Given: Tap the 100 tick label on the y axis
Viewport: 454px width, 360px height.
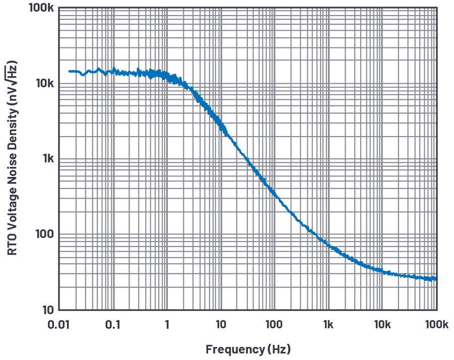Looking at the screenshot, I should (x=44, y=234).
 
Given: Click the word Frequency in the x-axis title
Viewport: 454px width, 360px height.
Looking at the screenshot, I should (x=234, y=349).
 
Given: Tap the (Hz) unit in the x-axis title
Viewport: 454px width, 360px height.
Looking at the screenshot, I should (x=279, y=349).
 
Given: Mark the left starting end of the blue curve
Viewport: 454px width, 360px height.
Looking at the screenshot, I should (x=70, y=71).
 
